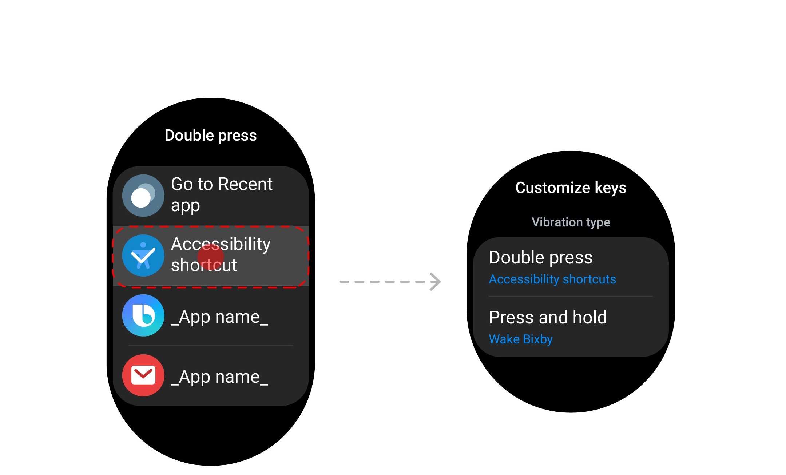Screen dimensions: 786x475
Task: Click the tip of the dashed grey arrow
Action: click(x=441, y=282)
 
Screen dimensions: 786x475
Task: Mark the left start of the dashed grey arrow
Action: click(x=340, y=282)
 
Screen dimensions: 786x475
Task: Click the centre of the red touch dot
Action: click(x=211, y=257)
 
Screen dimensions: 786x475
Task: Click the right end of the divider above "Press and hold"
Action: click(x=653, y=297)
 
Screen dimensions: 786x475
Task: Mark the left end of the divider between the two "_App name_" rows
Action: click(x=129, y=345)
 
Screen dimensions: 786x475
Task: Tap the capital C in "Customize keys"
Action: click(x=521, y=188)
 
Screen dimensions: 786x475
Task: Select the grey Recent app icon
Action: click(x=143, y=196)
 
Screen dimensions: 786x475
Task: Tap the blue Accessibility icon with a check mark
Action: click(x=143, y=255)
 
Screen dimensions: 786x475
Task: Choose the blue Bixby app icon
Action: click(x=143, y=315)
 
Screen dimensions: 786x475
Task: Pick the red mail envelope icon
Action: click(x=143, y=375)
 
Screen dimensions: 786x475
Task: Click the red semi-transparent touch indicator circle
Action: click(x=211, y=257)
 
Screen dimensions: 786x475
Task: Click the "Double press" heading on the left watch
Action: click(x=211, y=136)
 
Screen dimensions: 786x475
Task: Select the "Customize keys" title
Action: click(x=571, y=188)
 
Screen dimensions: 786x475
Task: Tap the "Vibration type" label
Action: click(x=571, y=222)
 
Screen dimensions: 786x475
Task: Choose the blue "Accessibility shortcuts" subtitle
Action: click(x=552, y=279)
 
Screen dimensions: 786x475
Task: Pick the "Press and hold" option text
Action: click(x=548, y=317)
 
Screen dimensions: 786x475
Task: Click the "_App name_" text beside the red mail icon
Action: click(x=219, y=377)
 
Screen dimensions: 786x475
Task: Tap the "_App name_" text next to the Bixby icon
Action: click(x=219, y=317)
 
